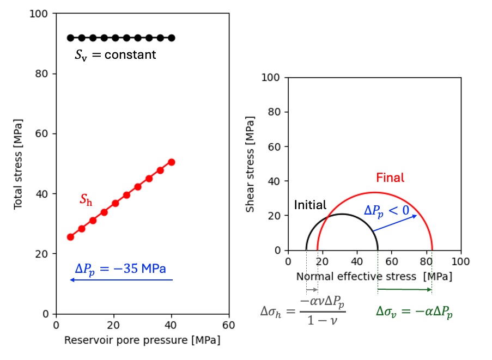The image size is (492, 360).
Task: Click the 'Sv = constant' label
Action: tap(116, 55)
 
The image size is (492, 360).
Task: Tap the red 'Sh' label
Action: tap(86, 200)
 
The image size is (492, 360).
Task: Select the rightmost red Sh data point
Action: tap(172, 162)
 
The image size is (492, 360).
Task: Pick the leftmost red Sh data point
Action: tap(70, 237)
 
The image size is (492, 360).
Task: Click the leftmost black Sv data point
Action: tap(70, 38)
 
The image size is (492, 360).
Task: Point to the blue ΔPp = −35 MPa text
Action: tap(120, 269)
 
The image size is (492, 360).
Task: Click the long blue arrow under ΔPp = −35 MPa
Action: tap(121, 280)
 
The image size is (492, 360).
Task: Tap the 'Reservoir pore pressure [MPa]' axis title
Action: tap(142, 340)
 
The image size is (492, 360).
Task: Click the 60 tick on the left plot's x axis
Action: tap(229, 325)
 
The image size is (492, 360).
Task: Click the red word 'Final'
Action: tap(390, 178)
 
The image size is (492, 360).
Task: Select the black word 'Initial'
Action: tap(310, 205)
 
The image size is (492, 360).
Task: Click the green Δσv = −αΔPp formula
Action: tap(414, 312)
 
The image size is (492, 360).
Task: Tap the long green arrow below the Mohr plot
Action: tap(404, 289)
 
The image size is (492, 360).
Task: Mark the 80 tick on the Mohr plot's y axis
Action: tap(275, 112)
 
